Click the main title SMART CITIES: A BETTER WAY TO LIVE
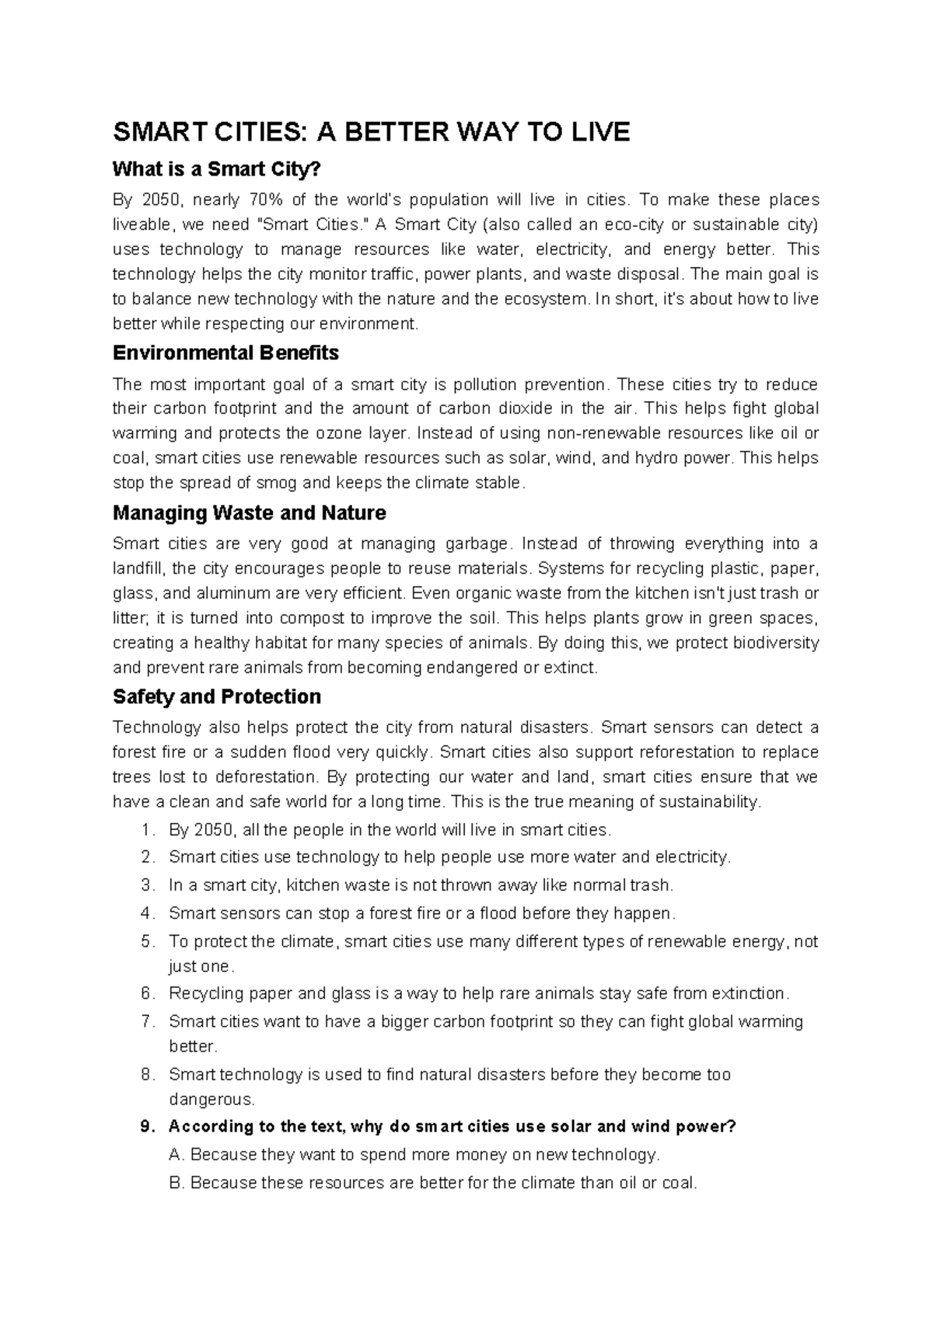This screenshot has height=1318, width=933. pyautogui.click(x=371, y=133)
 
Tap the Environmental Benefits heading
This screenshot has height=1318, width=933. pyautogui.click(x=225, y=353)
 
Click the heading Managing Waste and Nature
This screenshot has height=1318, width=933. pyautogui.click(x=249, y=513)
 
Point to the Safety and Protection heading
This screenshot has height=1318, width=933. pyautogui.click(x=217, y=696)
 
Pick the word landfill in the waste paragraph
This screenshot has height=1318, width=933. pyautogui.click(x=138, y=568)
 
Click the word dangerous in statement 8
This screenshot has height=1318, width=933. pyautogui.click(x=210, y=1100)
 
